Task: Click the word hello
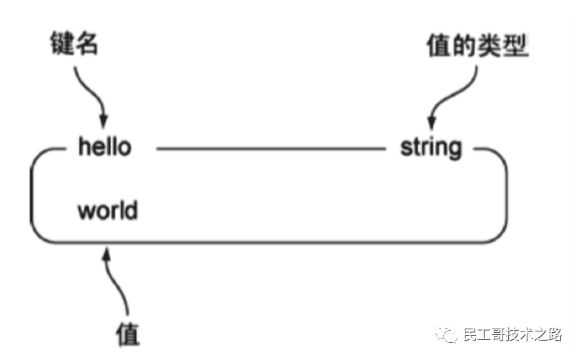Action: point(104,148)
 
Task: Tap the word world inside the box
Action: point(108,211)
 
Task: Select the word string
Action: point(430,149)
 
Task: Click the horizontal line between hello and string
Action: point(270,149)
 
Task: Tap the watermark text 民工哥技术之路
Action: point(512,334)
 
